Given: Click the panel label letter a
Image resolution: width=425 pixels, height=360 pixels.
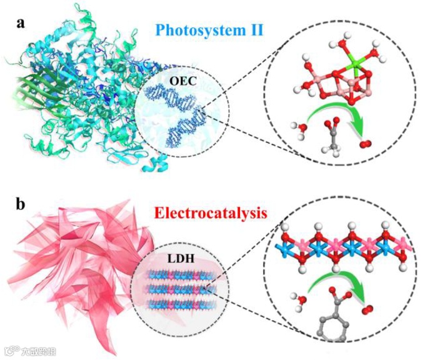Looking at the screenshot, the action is [x=21, y=24].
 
